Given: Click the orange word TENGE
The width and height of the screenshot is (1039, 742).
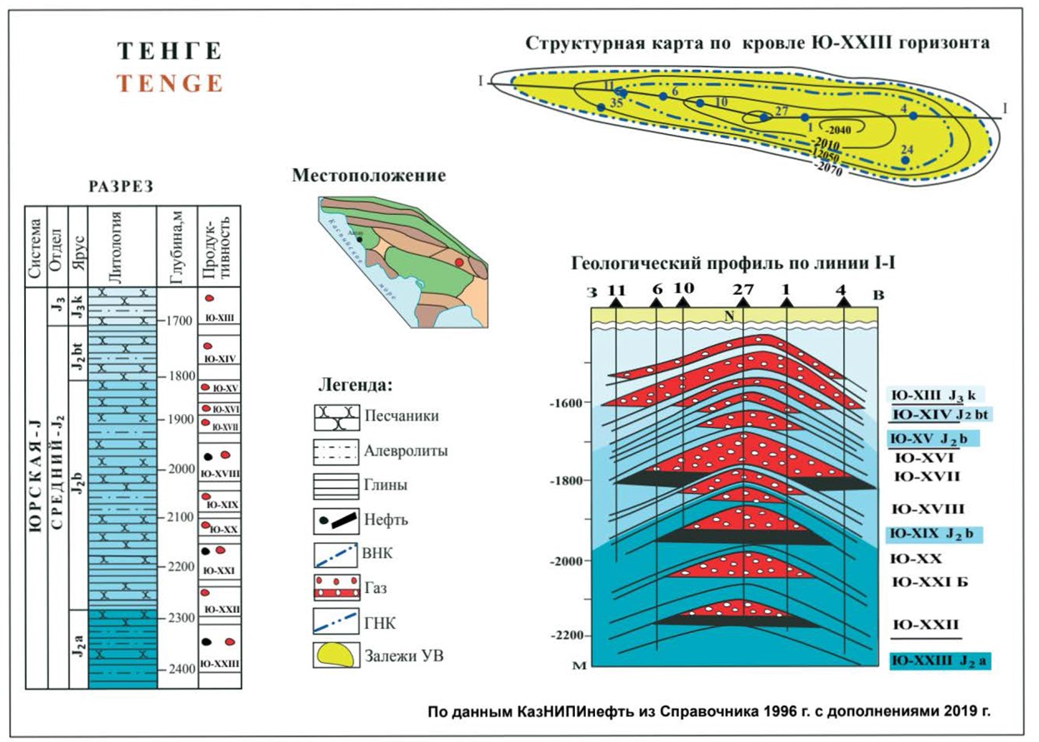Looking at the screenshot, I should pyautogui.click(x=171, y=83).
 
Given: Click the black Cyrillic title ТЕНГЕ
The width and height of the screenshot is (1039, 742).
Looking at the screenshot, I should pyautogui.click(x=171, y=52).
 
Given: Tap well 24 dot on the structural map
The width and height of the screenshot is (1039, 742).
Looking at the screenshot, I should pyautogui.click(x=905, y=160).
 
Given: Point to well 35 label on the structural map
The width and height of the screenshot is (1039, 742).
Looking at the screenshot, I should pyautogui.click(x=616, y=103).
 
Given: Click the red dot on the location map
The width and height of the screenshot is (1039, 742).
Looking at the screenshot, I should pyautogui.click(x=459, y=262).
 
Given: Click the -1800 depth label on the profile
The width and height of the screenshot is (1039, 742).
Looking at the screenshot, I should pyautogui.click(x=566, y=481).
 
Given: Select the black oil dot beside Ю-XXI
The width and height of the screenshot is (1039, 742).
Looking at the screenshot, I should pyautogui.click(x=205, y=551).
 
